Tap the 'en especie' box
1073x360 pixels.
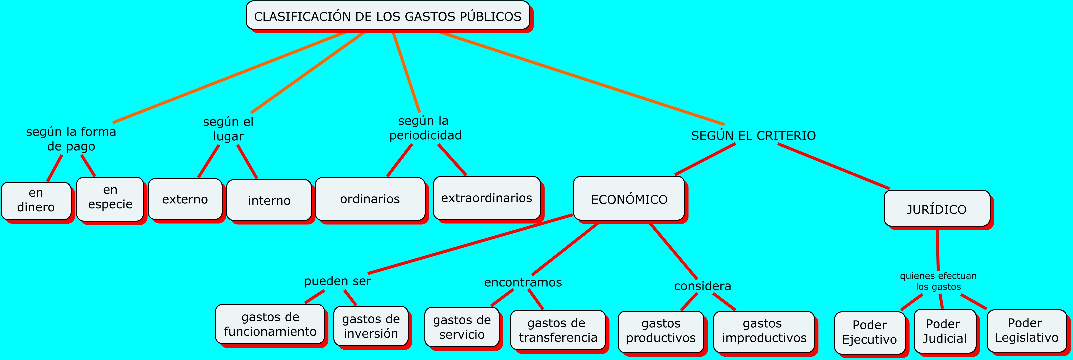(110, 198)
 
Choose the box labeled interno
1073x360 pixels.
(269, 200)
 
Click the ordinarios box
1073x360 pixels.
(370, 199)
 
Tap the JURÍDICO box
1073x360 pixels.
(937, 209)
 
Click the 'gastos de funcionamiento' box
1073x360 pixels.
(270, 324)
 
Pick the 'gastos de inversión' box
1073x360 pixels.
(371, 326)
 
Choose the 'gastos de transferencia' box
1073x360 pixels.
(558, 330)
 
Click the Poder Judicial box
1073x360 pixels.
(945, 331)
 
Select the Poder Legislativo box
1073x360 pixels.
(1027, 330)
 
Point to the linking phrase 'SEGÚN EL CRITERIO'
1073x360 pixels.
(753, 135)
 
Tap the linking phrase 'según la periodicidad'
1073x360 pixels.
(425, 128)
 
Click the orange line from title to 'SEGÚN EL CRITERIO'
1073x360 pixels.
(583, 79)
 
